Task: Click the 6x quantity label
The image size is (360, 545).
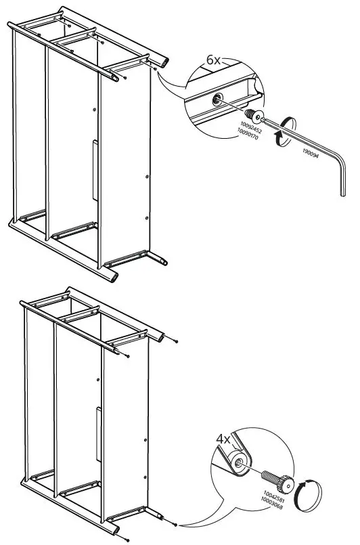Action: click(214, 60)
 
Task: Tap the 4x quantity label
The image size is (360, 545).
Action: click(224, 439)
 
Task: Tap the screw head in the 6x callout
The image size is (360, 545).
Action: click(253, 114)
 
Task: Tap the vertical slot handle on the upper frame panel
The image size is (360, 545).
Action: click(94, 169)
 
